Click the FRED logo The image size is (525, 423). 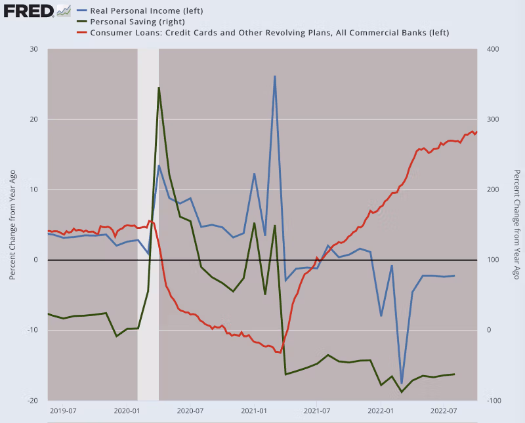26,10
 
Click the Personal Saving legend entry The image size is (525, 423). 128,21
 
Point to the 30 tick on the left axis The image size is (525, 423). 33,50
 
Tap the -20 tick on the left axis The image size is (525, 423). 32,400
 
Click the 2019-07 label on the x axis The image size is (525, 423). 64,411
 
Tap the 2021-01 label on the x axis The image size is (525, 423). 253,411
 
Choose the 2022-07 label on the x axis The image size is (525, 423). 443,411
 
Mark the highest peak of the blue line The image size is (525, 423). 275,76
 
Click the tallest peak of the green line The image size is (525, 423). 159,88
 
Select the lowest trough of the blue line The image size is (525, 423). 402,383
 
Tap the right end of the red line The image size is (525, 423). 476,132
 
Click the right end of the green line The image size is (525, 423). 455,374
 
